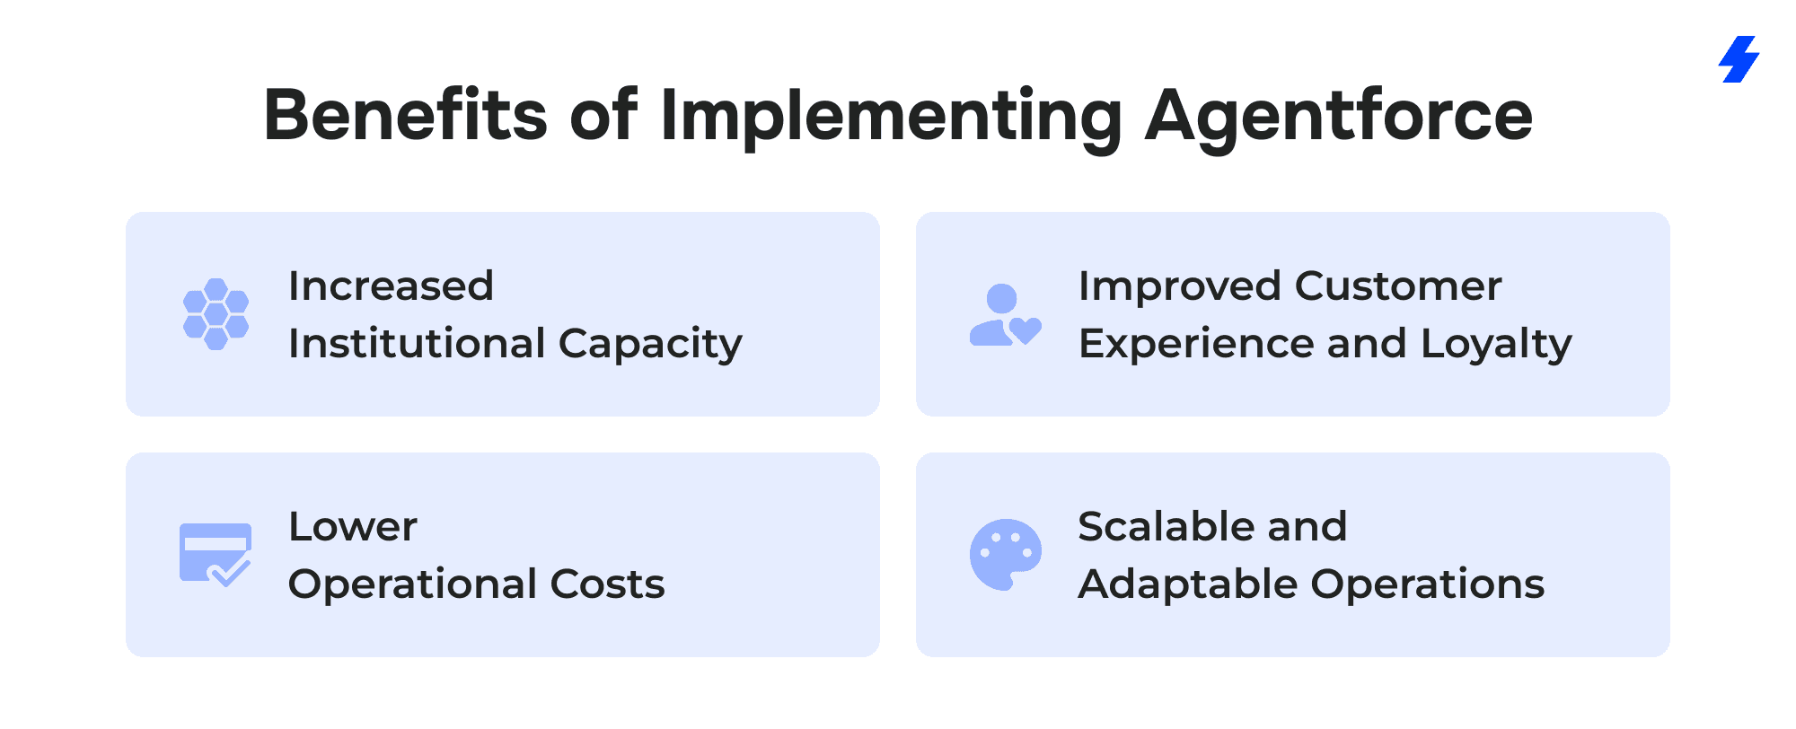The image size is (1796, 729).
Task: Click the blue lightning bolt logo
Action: (x=1739, y=59)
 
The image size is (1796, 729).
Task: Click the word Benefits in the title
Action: (x=406, y=115)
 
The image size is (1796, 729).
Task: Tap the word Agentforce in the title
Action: (x=1339, y=117)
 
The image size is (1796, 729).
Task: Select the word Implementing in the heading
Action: (x=891, y=117)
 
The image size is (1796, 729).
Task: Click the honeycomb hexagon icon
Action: (x=216, y=314)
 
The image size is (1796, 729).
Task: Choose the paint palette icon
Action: (x=1006, y=555)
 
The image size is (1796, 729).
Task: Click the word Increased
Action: (x=392, y=286)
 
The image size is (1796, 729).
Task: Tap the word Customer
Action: (x=1398, y=286)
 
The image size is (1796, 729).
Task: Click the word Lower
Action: (x=353, y=527)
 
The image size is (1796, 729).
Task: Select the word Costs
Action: (x=608, y=584)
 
